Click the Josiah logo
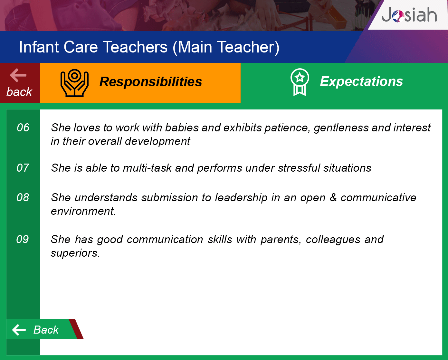[409, 14]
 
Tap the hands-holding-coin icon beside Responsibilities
[74, 83]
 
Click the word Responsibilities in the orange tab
[150, 81]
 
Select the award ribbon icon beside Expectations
[300, 82]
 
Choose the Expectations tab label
[361, 81]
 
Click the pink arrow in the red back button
[18, 75]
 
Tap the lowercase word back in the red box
[19, 92]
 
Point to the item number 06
[23, 128]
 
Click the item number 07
[23, 168]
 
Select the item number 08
[23, 197]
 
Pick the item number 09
[23, 239]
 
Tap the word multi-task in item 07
[147, 168]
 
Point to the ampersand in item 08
[333, 197]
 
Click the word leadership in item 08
[241, 198]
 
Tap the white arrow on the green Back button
[19, 330]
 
